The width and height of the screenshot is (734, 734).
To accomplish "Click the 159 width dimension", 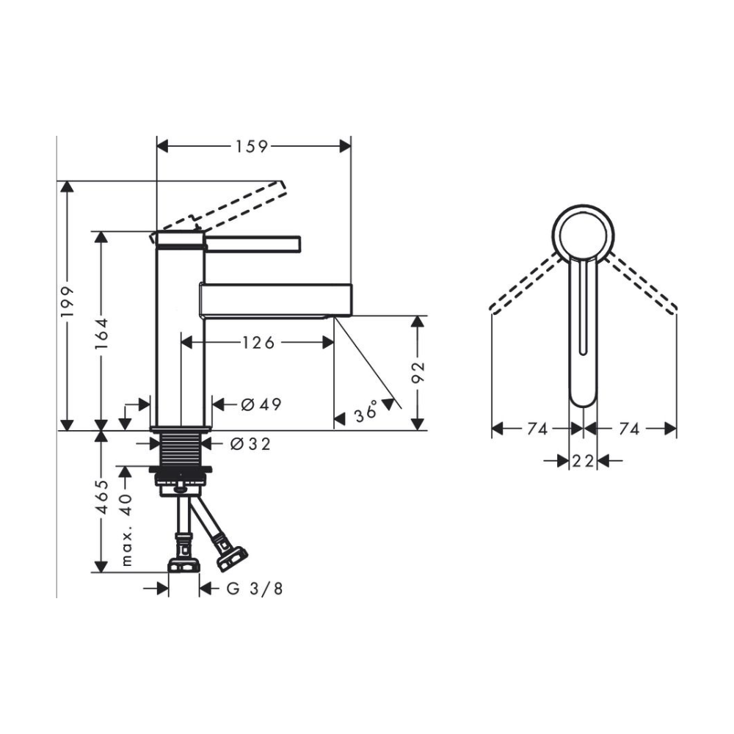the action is [x=251, y=147].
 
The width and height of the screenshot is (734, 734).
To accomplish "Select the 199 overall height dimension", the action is [x=68, y=302].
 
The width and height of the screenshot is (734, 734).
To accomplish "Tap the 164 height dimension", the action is [x=101, y=334].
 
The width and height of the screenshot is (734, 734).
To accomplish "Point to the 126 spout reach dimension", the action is [x=258, y=343].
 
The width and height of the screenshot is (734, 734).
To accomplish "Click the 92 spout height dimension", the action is [x=418, y=372].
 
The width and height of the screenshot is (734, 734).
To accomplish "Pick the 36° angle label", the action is [x=366, y=412].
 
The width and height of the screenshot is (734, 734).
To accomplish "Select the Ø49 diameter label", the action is [x=261, y=404].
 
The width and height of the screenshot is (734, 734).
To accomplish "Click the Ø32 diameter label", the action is [x=250, y=443].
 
